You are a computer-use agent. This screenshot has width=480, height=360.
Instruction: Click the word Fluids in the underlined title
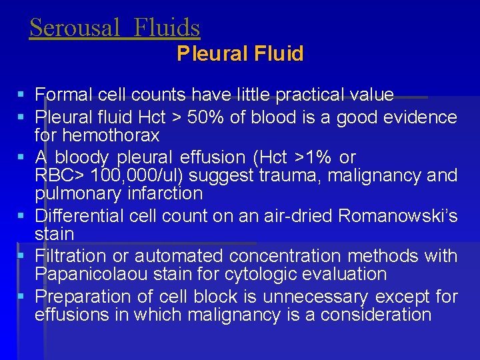pos(167,27)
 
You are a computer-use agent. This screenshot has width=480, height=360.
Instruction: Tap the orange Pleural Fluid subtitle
pos(240,53)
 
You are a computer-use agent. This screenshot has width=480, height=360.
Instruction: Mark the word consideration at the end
pos(376,314)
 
